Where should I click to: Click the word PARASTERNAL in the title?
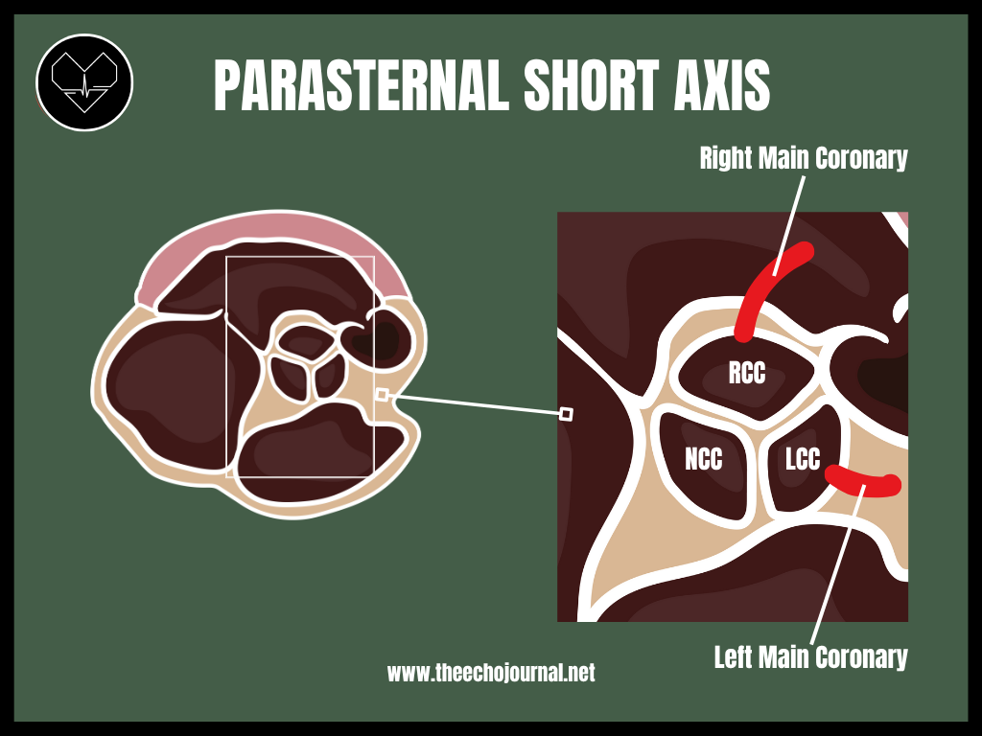click(362, 85)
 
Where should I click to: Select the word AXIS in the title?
click(721, 85)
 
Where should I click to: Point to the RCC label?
click(747, 373)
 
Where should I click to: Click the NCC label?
click(703, 459)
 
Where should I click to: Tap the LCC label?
click(803, 459)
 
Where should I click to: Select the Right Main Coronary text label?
click(804, 158)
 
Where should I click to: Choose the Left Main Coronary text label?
click(811, 657)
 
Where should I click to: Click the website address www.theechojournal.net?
click(491, 673)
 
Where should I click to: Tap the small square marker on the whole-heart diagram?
click(382, 394)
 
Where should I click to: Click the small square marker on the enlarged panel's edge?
click(566, 414)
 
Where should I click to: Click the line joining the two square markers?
click(474, 404)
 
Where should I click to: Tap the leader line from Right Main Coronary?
click(789, 225)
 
